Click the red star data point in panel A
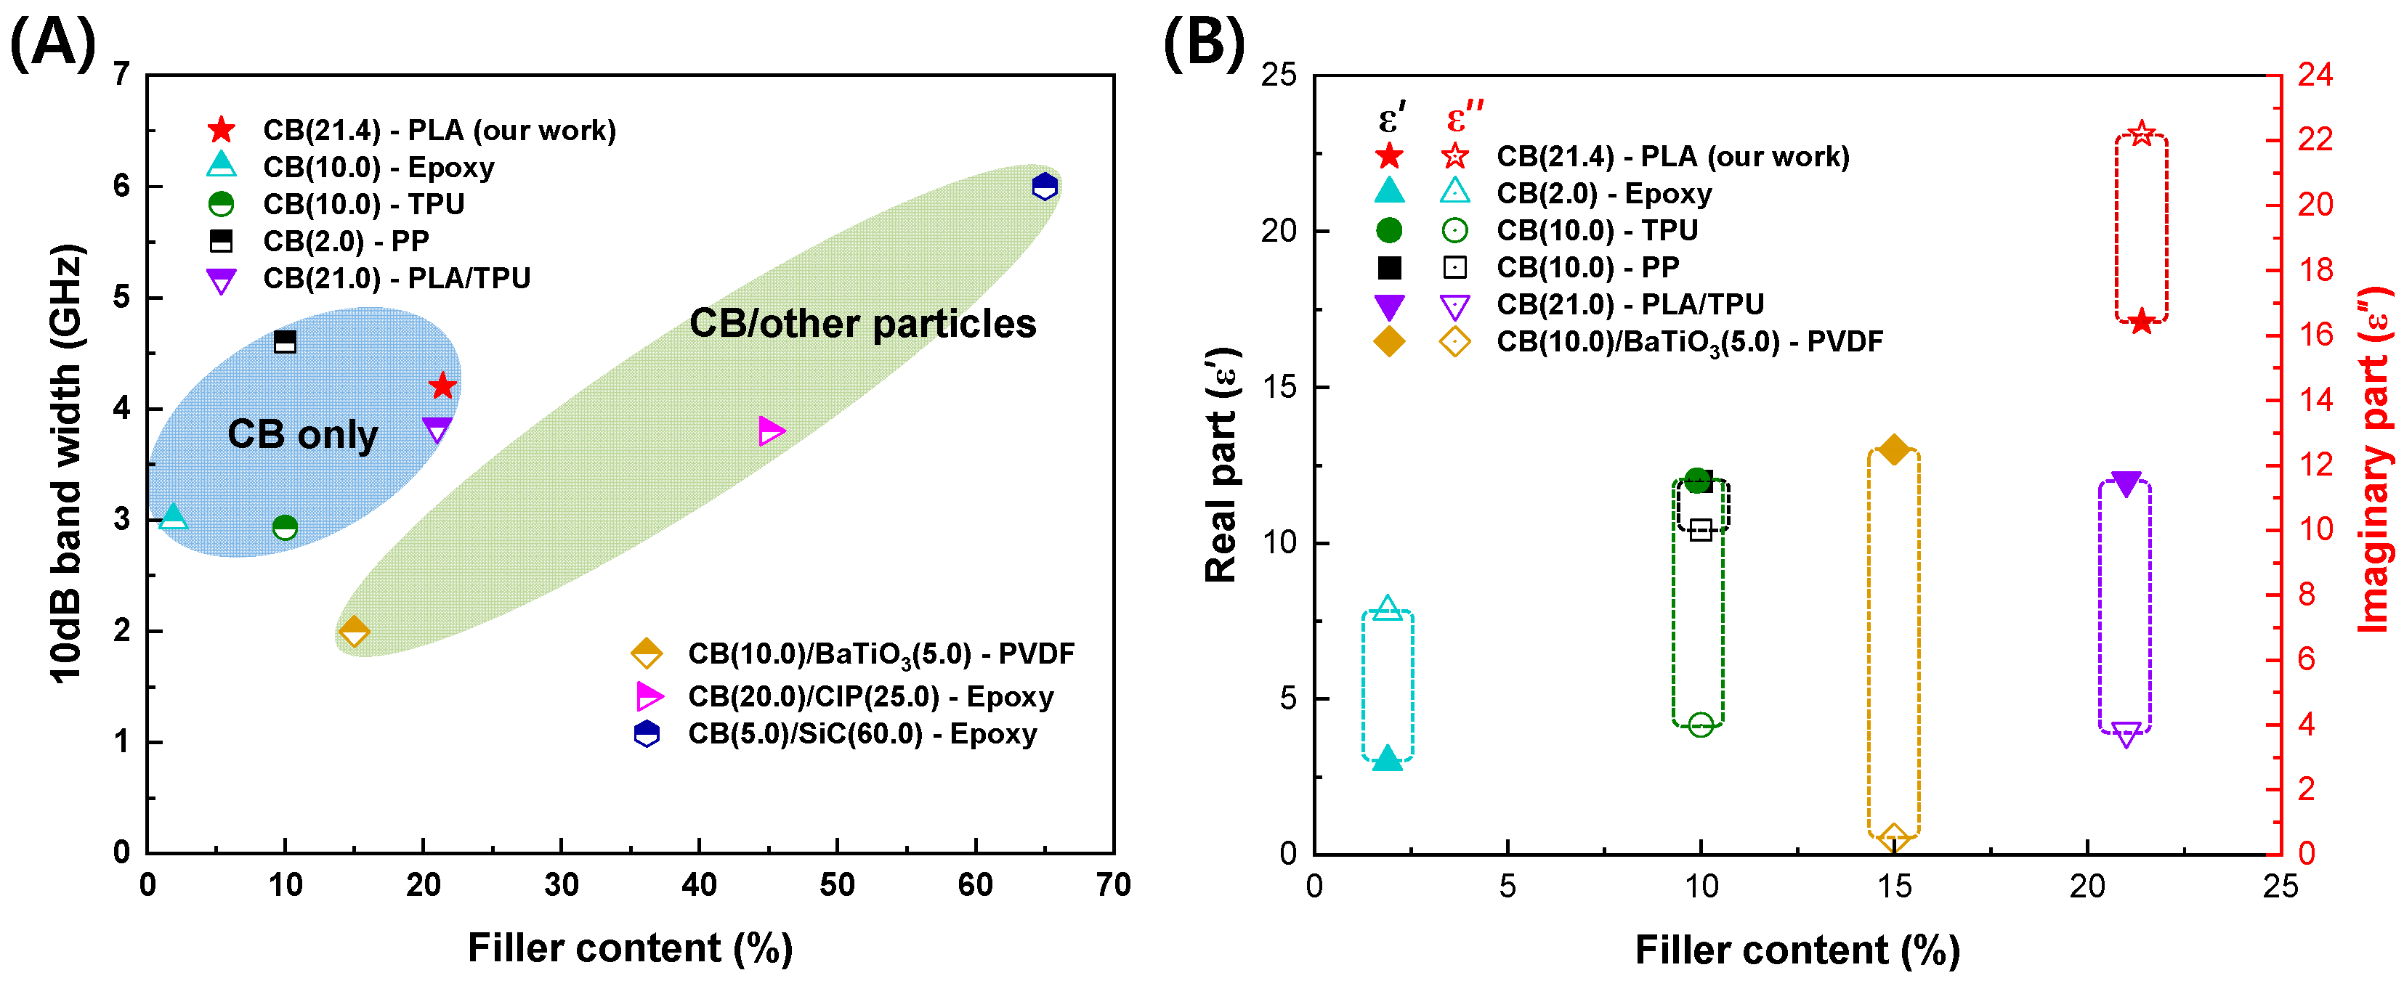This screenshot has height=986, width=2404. coord(442,386)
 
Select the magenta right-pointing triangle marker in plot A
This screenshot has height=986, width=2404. coord(770,431)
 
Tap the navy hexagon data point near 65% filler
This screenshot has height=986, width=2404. coord(1044,187)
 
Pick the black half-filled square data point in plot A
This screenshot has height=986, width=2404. coord(285,343)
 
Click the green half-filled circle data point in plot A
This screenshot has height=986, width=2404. coord(285,528)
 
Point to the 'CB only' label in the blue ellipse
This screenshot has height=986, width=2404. coord(302,435)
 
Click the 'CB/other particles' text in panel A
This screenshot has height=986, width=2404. coord(862,324)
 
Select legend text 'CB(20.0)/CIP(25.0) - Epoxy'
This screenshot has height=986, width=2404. coord(870,697)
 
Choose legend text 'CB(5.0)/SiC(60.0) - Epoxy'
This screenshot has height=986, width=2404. coord(862,734)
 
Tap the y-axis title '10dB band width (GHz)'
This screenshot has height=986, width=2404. coord(67,464)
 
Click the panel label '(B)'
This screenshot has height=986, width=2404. coord(1203,44)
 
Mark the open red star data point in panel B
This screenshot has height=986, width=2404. coord(2142,134)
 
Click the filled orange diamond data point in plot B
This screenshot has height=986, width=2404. coord(1893,449)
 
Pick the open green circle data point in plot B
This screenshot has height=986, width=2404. coord(1700,725)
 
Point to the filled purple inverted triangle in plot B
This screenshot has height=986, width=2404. coord(2126,484)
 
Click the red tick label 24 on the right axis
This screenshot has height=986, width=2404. coord(2315,75)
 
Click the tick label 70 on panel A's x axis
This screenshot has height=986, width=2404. coord(1113,884)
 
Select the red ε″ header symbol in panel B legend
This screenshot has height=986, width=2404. coord(1463,118)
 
